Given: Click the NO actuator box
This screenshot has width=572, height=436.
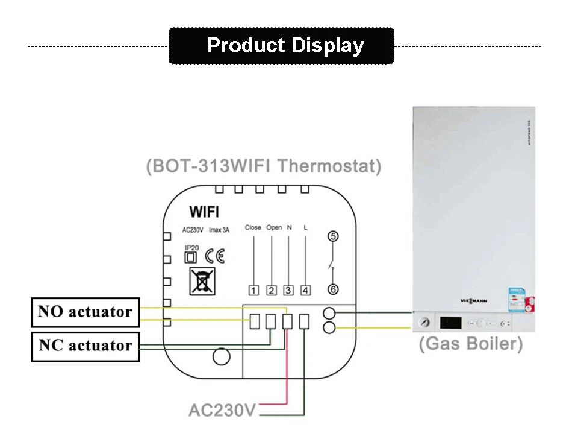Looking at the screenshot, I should [85, 312].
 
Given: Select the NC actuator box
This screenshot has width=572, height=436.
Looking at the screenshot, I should [85, 346].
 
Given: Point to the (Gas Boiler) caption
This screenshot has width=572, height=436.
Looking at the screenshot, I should [470, 344].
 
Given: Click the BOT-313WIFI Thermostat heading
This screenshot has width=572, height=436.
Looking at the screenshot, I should [264, 166].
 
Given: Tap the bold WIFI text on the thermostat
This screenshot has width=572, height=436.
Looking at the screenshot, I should [204, 212].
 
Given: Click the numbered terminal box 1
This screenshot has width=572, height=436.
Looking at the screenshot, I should [254, 291].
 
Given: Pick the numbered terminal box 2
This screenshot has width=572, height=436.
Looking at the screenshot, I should [272, 291].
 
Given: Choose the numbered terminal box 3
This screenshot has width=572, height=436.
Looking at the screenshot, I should [288, 291].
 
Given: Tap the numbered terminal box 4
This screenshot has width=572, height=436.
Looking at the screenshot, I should [306, 291].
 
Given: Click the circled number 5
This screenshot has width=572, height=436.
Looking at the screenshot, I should [333, 237].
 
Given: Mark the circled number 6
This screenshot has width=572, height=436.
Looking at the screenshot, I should [333, 289].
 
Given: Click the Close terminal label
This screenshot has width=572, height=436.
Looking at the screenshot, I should [253, 228].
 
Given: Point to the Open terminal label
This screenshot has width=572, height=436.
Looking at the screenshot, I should [273, 228].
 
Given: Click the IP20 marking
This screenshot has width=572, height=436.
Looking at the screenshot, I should [191, 248].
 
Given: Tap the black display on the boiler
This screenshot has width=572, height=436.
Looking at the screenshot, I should [450, 323].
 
